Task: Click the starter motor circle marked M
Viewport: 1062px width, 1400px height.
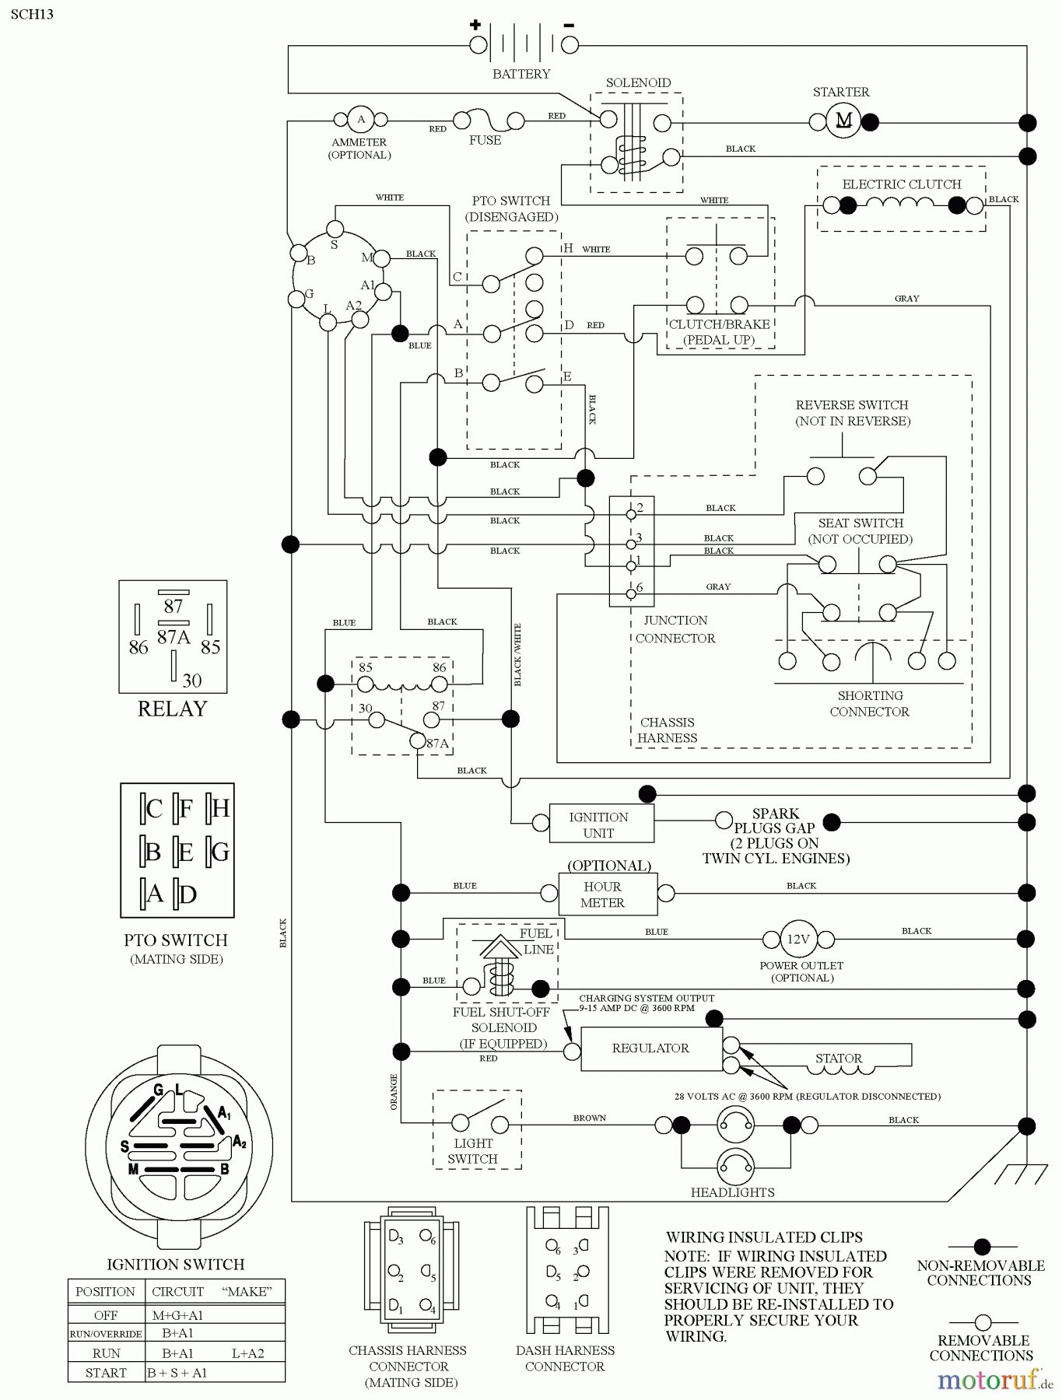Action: (x=843, y=121)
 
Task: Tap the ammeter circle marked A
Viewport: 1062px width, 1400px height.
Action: (x=360, y=120)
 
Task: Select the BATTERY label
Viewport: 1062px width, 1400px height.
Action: (x=520, y=75)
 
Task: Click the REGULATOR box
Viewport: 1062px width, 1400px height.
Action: (x=650, y=1048)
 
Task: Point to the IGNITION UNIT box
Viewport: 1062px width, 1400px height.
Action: (x=598, y=824)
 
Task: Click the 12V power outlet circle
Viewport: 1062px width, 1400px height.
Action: (x=798, y=940)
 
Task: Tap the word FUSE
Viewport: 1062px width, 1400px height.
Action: (x=485, y=141)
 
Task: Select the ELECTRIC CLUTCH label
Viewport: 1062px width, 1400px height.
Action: (x=901, y=185)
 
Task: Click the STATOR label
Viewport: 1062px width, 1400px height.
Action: (x=838, y=1059)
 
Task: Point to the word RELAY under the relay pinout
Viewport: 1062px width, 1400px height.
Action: (x=173, y=709)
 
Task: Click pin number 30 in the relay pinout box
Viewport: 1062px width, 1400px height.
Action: (x=191, y=681)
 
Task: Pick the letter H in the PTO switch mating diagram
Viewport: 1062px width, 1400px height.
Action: (x=220, y=809)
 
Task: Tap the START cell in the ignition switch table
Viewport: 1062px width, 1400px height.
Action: (x=106, y=1373)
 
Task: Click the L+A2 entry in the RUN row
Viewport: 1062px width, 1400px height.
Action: (x=247, y=1353)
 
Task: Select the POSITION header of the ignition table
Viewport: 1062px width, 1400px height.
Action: (x=105, y=1292)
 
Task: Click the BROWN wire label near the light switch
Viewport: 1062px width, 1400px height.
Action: (x=589, y=1118)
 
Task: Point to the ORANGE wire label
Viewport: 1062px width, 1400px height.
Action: (x=394, y=1092)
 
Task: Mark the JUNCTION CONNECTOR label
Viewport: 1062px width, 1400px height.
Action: (x=675, y=629)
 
